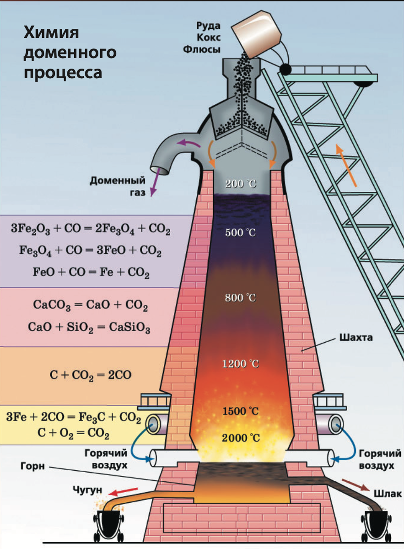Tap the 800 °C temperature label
click(241, 298)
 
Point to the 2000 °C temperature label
click(241, 438)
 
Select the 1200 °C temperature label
click(241, 364)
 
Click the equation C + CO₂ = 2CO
click(91, 376)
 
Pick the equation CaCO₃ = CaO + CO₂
click(91, 305)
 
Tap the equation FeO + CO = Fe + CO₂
click(91, 273)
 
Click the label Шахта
click(357, 339)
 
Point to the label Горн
click(33, 467)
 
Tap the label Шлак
click(383, 494)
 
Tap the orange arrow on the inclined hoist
click(346, 165)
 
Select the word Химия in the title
click(51, 33)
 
